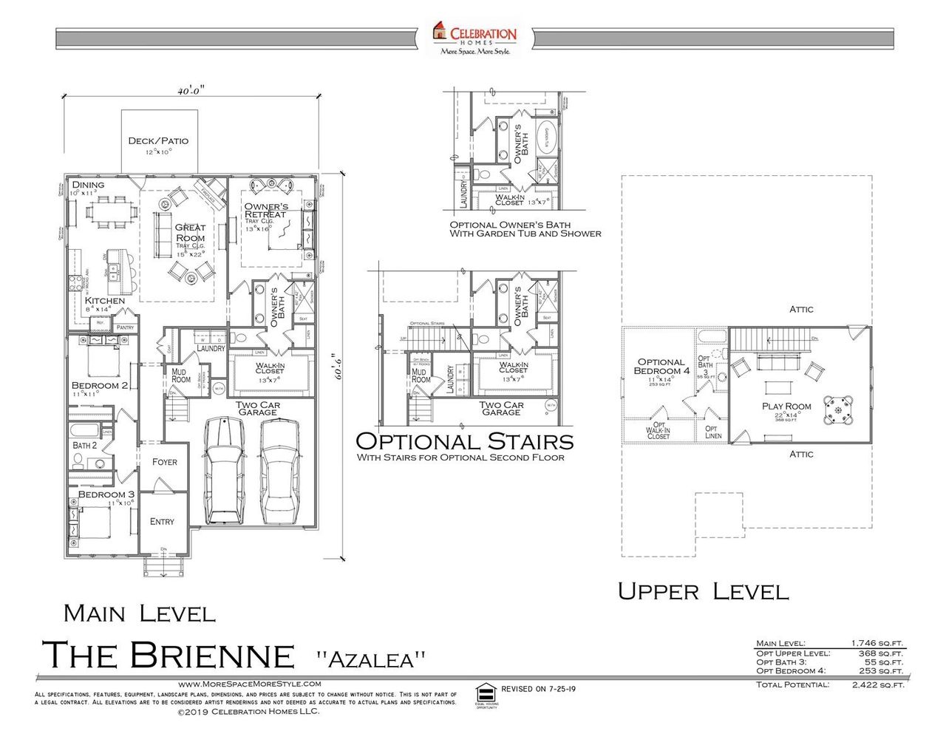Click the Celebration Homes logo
474,38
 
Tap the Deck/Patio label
158,140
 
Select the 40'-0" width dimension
190,91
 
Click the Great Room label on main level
190,233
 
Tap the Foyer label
164,462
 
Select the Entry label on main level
162,522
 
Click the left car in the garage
225,469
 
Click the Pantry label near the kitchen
125,327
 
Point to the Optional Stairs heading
464,441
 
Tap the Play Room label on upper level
786,407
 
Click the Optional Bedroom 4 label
661,367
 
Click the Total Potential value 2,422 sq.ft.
877,685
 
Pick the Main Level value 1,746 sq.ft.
877,644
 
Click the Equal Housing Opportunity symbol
486,693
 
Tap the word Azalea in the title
371,659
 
